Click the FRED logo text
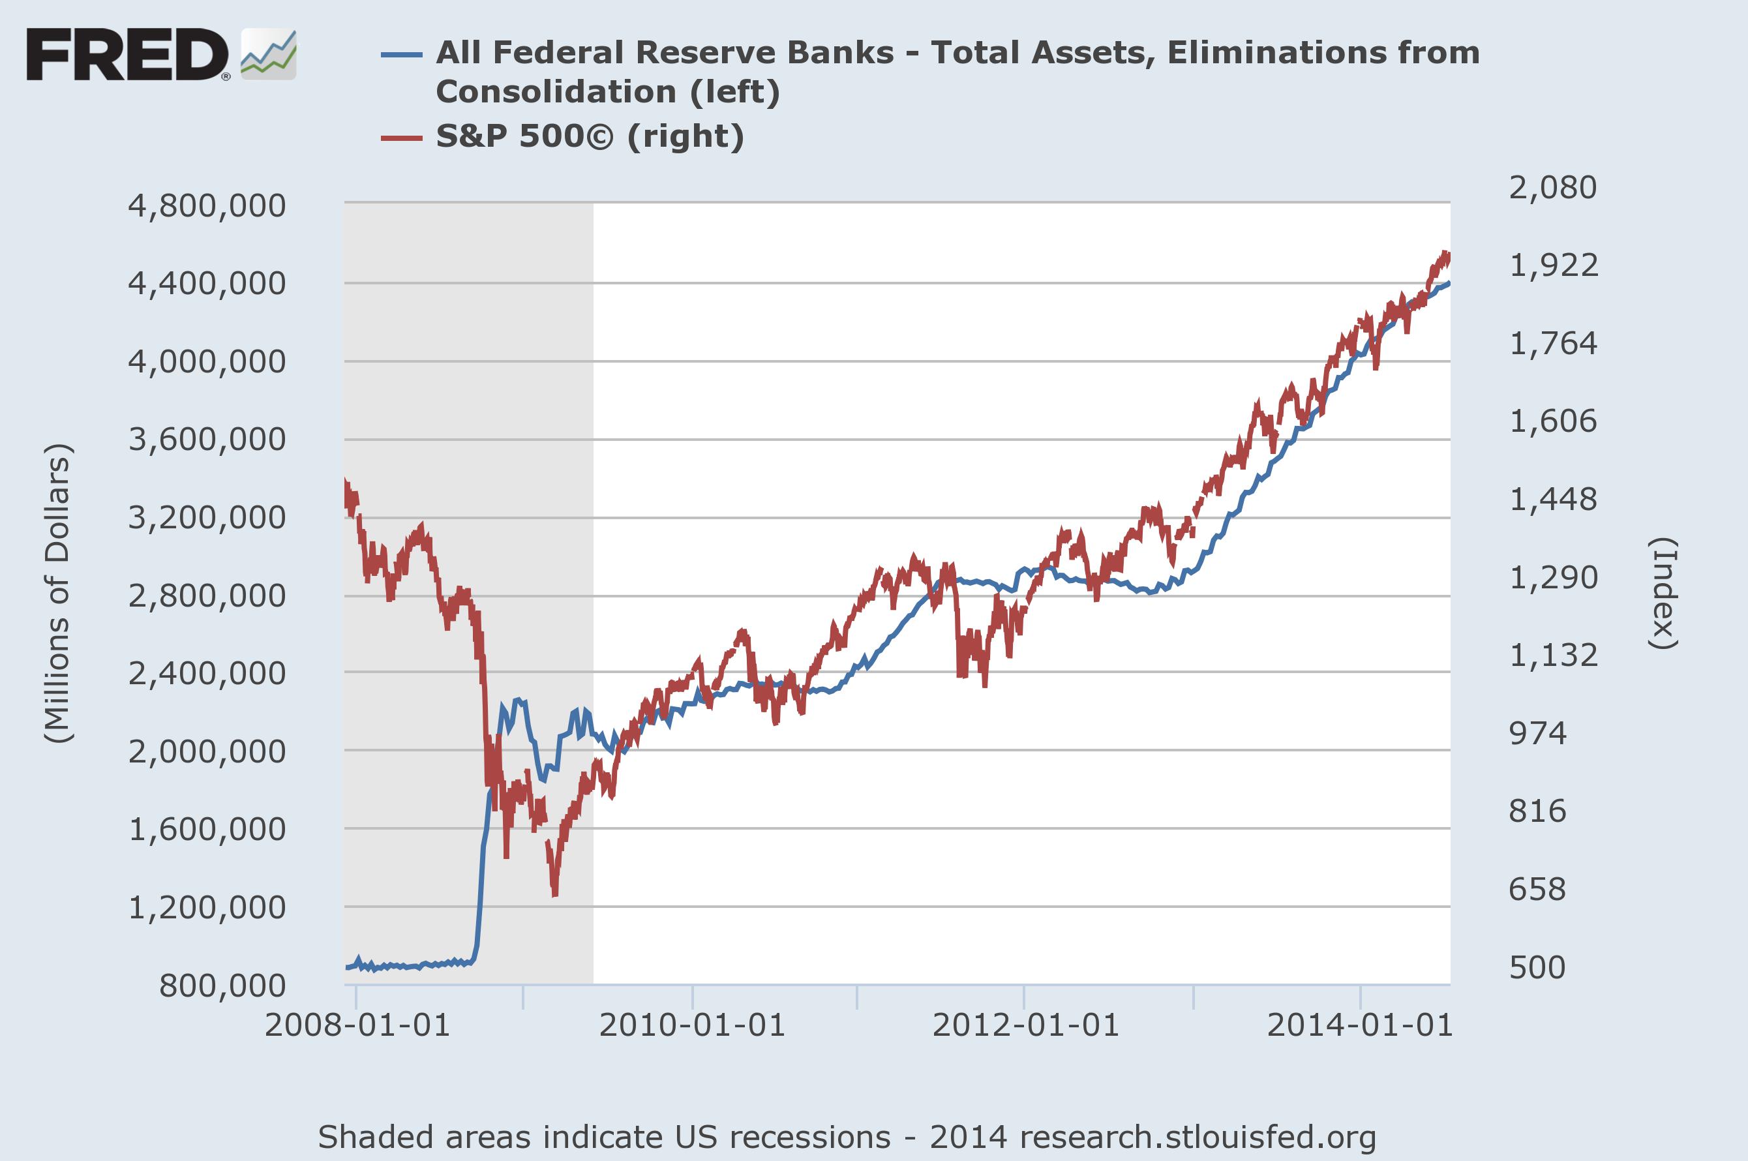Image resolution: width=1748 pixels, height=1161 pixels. tap(127, 55)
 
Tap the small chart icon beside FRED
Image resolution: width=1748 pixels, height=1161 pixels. tap(268, 55)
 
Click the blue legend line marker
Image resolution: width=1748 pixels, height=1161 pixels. tap(401, 55)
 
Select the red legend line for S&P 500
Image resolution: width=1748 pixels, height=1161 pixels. tap(401, 138)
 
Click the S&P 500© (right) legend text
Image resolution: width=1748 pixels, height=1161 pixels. tap(590, 136)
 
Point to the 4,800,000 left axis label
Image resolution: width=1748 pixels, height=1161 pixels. tap(207, 206)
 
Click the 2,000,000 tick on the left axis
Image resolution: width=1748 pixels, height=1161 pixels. tap(207, 751)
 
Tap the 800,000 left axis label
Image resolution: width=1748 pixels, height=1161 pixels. tap(222, 986)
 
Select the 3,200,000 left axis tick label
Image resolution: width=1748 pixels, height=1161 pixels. tap(207, 518)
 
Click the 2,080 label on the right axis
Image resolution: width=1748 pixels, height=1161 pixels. tap(1552, 187)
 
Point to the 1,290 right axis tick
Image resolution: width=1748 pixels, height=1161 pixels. tap(1552, 577)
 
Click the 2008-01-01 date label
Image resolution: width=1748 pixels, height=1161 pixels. tap(357, 1025)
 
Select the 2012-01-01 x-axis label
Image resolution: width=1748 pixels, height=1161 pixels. tap(1025, 1025)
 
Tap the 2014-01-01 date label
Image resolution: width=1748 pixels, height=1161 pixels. tap(1360, 1025)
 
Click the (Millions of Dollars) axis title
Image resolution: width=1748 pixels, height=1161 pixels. tap(58, 592)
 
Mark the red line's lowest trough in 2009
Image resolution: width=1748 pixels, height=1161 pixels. tap(554, 894)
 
